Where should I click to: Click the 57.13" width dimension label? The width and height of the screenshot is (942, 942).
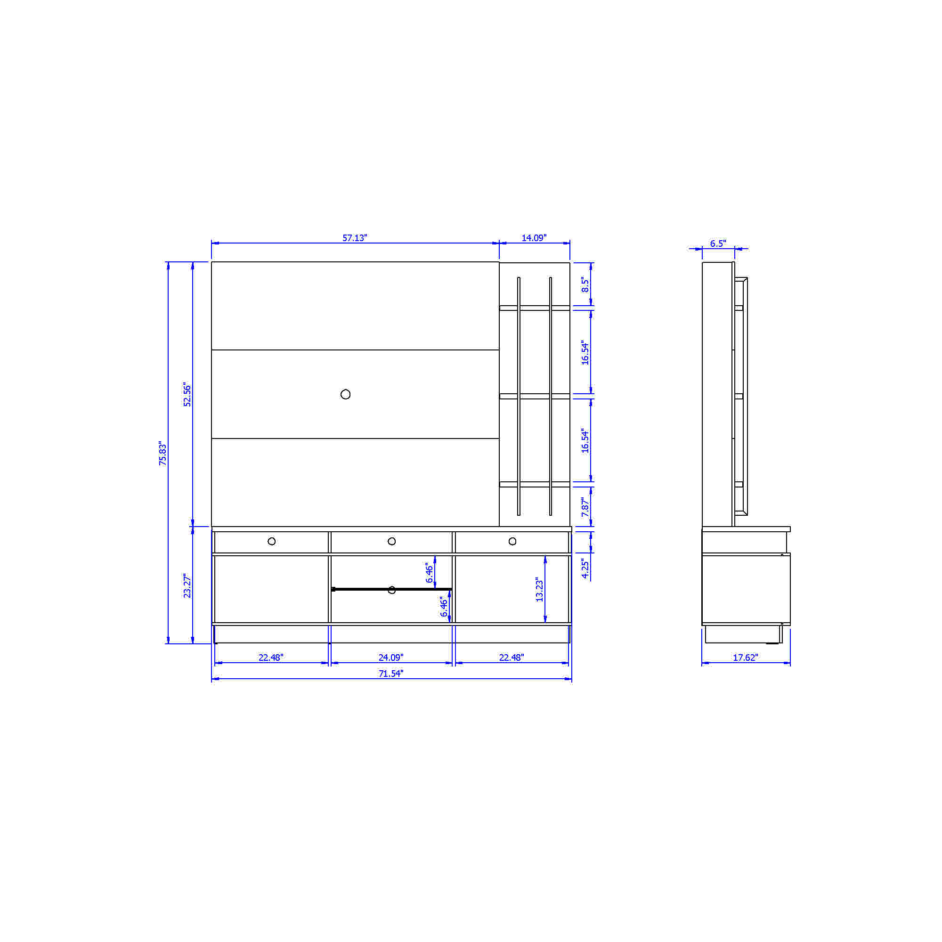[x=355, y=238]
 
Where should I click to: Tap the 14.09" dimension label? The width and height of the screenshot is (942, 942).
[x=534, y=238]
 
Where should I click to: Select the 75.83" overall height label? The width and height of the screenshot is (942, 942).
[x=163, y=454]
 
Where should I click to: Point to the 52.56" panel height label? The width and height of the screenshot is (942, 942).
[x=187, y=395]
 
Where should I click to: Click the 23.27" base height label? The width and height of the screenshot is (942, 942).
[x=187, y=585]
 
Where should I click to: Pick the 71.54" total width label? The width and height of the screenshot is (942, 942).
[x=391, y=674]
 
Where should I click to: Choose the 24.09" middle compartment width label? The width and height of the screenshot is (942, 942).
[x=391, y=657]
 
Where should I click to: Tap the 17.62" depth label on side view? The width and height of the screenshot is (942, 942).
[x=746, y=657]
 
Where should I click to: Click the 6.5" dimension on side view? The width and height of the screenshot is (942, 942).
[x=718, y=244]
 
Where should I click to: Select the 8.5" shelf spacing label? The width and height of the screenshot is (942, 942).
[x=585, y=285]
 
